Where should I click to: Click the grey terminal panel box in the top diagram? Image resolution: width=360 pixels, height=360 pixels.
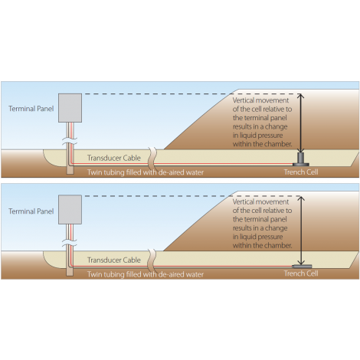click(x=70, y=108)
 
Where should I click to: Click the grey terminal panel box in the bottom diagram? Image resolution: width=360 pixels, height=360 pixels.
click(x=70, y=210)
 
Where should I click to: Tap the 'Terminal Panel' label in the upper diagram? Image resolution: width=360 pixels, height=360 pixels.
click(x=31, y=109)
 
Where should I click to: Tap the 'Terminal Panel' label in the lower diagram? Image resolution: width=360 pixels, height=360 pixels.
click(x=31, y=211)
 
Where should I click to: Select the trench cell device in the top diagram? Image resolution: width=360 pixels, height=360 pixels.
click(x=301, y=159)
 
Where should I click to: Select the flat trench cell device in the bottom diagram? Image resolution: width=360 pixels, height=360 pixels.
click(x=302, y=267)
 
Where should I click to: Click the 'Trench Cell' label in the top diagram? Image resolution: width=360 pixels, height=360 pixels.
click(x=301, y=172)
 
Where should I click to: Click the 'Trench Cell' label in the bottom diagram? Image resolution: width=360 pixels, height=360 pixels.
click(x=301, y=273)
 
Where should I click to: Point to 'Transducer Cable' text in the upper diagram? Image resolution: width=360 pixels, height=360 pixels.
click(x=114, y=158)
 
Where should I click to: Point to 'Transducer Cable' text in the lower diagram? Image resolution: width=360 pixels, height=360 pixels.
click(x=114, y=260)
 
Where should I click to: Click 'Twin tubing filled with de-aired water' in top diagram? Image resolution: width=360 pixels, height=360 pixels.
click(x=146, y=172)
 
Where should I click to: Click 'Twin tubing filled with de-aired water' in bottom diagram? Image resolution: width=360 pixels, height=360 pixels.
click(x=146, y=274)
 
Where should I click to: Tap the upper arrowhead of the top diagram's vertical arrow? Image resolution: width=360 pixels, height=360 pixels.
click(x=301, y=95)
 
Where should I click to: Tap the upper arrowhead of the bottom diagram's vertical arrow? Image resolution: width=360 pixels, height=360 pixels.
click(x=301, y=198)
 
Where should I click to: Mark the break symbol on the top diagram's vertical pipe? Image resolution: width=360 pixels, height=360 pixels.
click(x=70, y=141)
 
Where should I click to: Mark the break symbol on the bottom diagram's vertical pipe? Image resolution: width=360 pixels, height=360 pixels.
click(x=70, y=243)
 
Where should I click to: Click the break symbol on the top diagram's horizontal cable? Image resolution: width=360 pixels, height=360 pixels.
click(x=152, y=159)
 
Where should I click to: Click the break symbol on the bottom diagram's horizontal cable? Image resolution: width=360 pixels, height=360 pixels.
click(x=152, y=261)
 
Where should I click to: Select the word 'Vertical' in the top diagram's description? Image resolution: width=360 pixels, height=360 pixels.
click(x=244, y=100)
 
